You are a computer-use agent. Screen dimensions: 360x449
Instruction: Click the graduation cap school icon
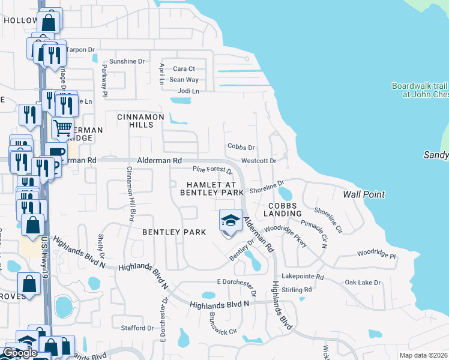pyautogui.click(x=231, y=221)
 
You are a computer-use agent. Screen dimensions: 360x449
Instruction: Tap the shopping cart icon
pyautogui.click(x=62, y=128)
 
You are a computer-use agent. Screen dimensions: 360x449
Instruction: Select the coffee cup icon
pyautogui.click(x=56, y=152)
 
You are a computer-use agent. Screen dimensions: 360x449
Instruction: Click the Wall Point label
pyautogui.click(x=363, y=194)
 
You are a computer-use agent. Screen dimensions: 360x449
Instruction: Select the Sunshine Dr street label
pyautogui.click(x=127, y=61)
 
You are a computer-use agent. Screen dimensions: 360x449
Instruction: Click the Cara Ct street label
pyautogui.click(x=184, y=69)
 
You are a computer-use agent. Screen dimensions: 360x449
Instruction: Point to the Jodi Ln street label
pyautogui.click(x=184, y=91)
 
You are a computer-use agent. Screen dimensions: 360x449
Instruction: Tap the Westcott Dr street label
pyautogui.click(x=258, y=161)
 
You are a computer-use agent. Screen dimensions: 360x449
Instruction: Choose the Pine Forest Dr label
pyautogui.click(x=212, y=172)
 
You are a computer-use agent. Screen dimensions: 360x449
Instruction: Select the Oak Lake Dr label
pyautogui.click(x=363, y=282)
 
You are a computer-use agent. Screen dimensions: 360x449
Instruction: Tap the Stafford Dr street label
pyautogui.click(x=137, y=328)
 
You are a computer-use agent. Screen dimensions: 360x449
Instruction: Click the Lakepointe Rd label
pyautogui.click(x=306, y=277)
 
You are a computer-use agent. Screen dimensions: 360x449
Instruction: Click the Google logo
pyautogui.click(x=20, y=352)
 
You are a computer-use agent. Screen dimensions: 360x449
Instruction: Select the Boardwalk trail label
pyautogui.click(x=420, y=90)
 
